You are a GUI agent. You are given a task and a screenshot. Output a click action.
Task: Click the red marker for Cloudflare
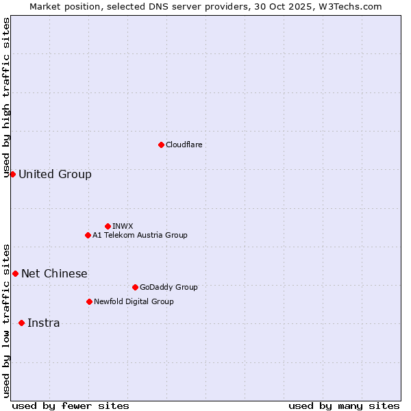[161, 145]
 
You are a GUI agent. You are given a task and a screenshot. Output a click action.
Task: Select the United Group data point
[12, 174]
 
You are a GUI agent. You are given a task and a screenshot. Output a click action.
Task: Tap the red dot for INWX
[108, 226]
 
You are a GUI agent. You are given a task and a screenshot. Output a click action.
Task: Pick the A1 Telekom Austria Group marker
[88, 235]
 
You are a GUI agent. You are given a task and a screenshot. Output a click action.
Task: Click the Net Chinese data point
[15, 273]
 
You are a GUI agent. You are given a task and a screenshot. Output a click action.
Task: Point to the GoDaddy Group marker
[135, 287]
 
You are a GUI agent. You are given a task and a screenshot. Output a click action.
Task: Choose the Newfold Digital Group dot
[89, 301]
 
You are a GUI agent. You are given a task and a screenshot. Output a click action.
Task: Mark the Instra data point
[21, 323]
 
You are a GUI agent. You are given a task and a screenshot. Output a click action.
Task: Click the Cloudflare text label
[184, 145]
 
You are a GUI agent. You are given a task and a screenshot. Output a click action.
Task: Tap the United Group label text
[55, 174]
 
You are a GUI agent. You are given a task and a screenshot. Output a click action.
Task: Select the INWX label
[123, 226]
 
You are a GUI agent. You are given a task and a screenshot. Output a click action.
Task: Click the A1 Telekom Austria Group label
[140, 235]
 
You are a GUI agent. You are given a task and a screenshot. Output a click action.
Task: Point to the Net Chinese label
[54, 273]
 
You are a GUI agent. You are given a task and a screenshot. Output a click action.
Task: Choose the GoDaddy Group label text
[169, 287]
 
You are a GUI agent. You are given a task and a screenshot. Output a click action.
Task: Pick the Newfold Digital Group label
[134, 301]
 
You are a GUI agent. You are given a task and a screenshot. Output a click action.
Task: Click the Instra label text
[43, 323]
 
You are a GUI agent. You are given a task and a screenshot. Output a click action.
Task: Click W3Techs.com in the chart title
[349, 6]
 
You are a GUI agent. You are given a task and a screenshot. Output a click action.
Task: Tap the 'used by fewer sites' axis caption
[71, 406]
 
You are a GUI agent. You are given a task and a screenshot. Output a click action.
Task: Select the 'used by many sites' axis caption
[344, 406]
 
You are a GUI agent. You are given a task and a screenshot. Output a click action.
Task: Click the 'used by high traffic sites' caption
[6, 97]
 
